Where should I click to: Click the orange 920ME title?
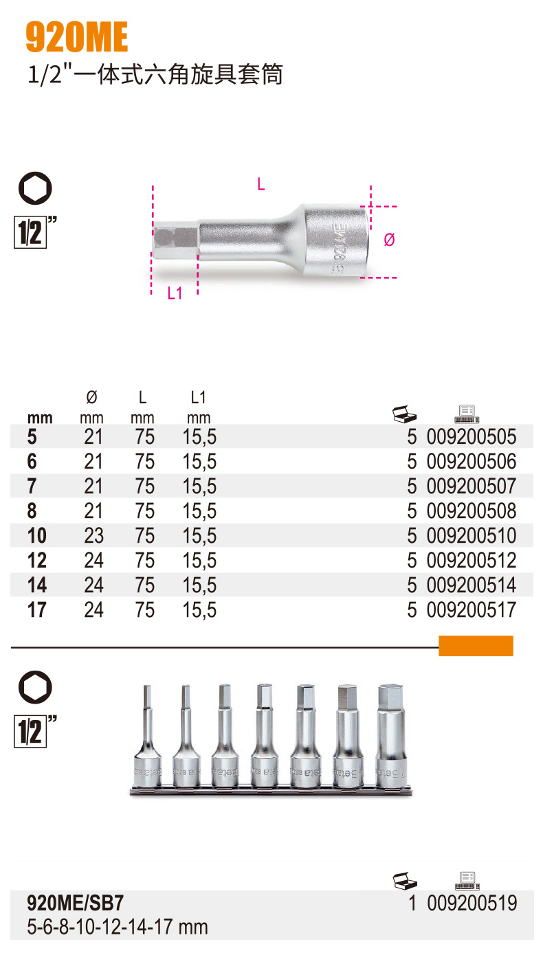(77, 37)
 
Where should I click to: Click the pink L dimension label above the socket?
(261, 185)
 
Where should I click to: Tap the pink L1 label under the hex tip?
(175, 293)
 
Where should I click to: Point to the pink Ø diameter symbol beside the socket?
(389, 240)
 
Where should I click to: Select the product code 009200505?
(471, 437)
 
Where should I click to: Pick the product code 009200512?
(471, 560)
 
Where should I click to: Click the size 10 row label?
(36, 536)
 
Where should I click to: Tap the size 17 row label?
(36, 610)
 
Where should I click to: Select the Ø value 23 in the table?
(94, 536)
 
